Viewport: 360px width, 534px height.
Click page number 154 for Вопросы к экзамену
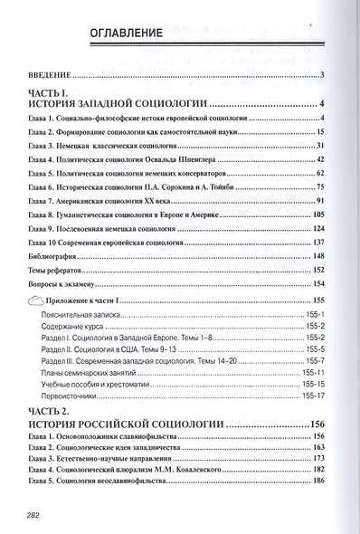[317, 283]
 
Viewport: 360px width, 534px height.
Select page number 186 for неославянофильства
[317, 480]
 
